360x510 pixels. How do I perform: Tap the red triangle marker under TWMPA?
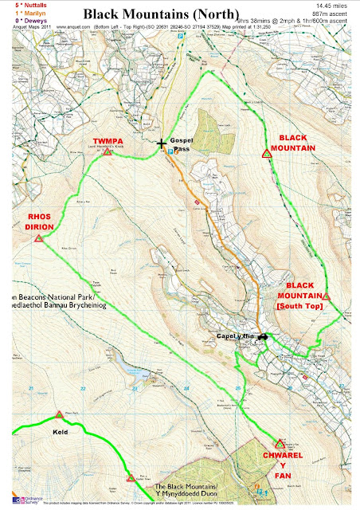tap(107, 151)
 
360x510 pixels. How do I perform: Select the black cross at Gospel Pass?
tap(162, 144)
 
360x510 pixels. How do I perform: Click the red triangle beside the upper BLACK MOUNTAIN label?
tap(266, 155)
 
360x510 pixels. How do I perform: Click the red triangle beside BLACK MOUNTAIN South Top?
tap(326, 296)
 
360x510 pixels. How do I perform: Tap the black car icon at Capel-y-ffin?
tap(262, 335)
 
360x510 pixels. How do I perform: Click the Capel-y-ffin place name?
tap(233, 336)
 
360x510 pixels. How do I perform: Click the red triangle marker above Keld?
tap(59, 414)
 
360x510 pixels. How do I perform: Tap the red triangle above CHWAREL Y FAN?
tap(280, 444)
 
